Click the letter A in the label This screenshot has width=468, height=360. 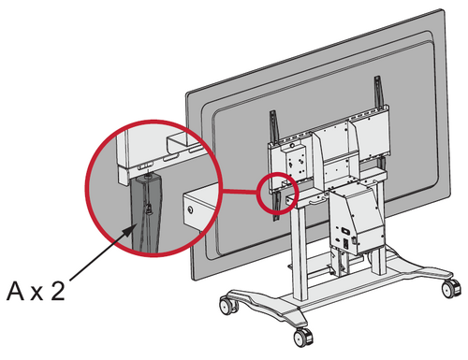pos(15,291)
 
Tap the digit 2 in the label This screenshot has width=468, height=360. pos(58,291)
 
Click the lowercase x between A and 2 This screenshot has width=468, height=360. pos(37,294)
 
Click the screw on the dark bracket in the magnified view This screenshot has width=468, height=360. pos(150,209)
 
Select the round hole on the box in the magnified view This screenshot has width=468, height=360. pos(189,210)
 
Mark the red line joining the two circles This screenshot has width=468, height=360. pos(241,191)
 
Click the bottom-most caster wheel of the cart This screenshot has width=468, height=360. pos(303,338)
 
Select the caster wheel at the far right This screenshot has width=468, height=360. pos(451,288)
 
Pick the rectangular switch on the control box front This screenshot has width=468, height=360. pos(345,231)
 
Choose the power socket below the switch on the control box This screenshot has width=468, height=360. pos(345,244)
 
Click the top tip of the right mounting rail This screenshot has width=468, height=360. pos(376,77)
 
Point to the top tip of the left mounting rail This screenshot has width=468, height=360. pos(272,111)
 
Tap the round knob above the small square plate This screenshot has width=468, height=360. pos(292,145)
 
